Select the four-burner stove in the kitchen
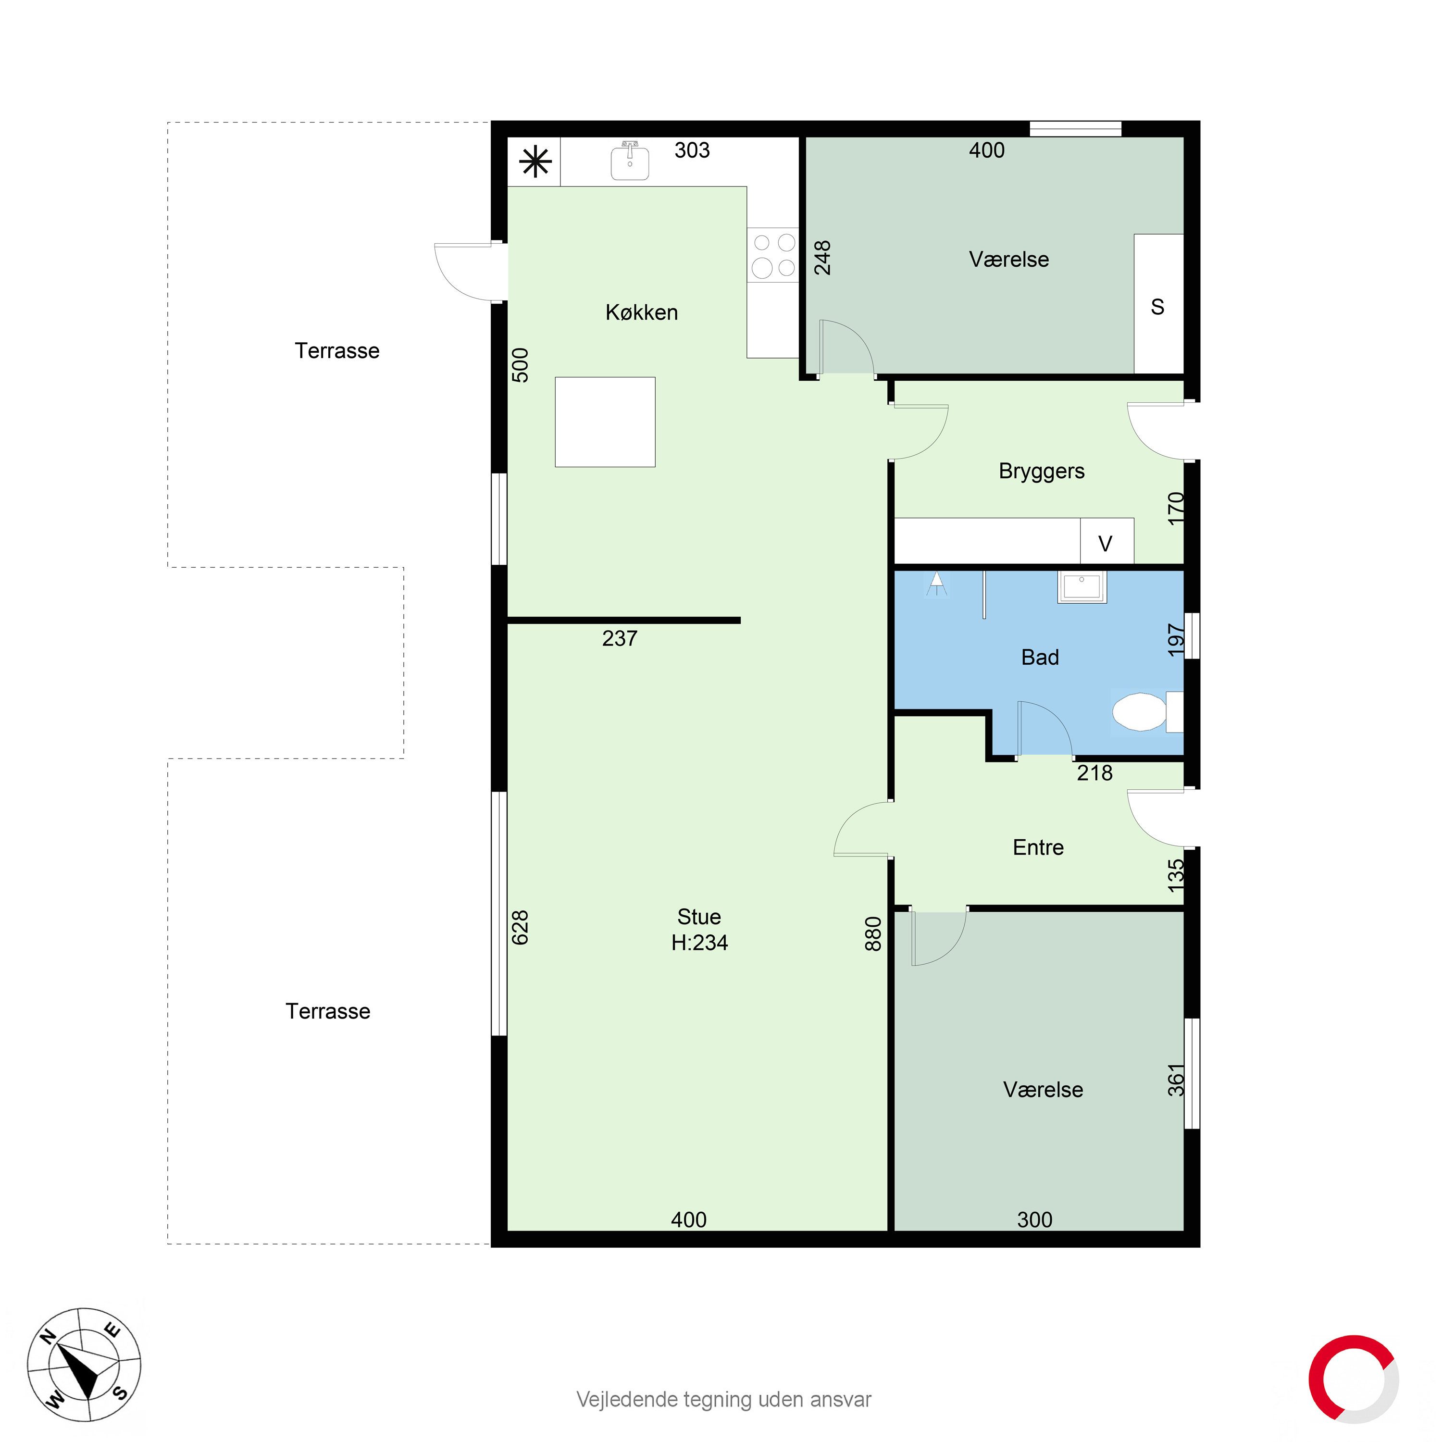[x=773, y=255]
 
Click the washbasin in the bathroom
[x=1081, y=586]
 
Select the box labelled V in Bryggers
[x=1106, y=543]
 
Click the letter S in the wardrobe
[x=1157, y=307]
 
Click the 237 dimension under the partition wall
[x=620, y=638]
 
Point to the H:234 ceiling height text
[x=699, y=943]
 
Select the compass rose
[x=84, y=1365]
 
